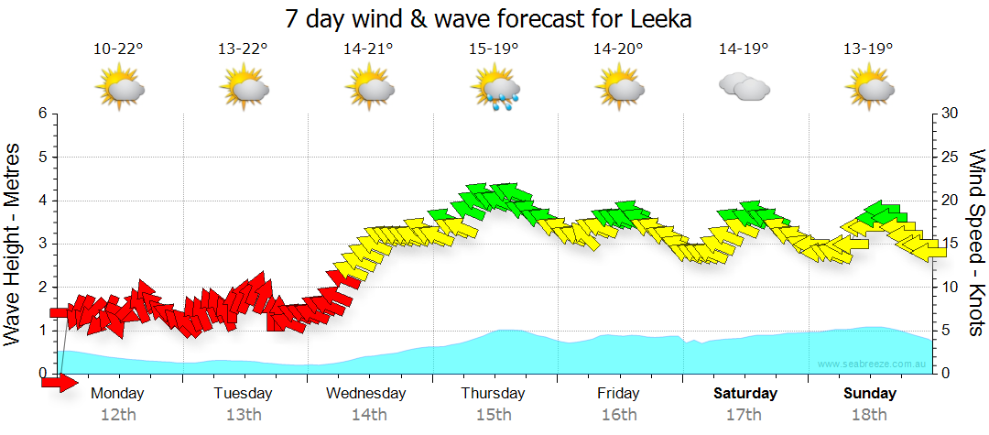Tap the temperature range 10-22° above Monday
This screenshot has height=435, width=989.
(x=119, y=49)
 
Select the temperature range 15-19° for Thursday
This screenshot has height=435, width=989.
(x=494, y=49)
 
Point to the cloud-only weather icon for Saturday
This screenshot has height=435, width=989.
(x=744, y=87)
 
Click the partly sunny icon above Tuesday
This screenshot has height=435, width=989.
(x=244, y=89)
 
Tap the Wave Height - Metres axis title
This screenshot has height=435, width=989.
(x=14, y=245)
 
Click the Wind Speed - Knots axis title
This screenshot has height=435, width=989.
(x=976, y=245)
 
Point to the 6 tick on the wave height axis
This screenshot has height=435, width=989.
(x=42, y=114)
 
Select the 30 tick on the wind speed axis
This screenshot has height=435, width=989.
(x=951, y=114)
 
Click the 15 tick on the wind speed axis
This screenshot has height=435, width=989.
(x=951, y=244)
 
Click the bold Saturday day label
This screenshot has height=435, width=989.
(x=745, y=394)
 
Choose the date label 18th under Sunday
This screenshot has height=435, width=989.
(x=870, y=415)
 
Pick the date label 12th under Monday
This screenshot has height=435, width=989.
(x=118, y=415)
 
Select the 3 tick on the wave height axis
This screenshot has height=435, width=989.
(x=42, y=244)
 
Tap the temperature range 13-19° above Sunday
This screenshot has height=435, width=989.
(x=869, y=49)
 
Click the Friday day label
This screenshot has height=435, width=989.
(x=619, y=394)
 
